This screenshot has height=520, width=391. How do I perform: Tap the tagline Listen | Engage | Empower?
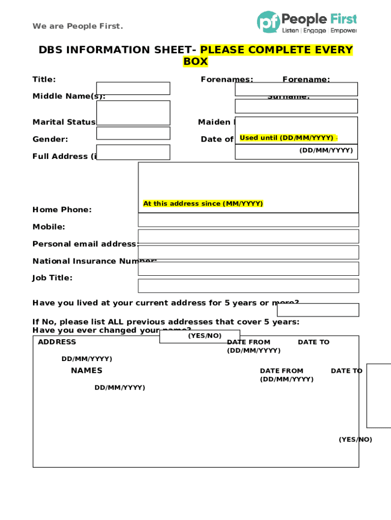pyautogui.click(x=319, y=30)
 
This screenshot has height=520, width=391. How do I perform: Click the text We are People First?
pyautogui.click(x=78, y=26)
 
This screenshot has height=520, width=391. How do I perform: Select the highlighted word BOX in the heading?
pyautogui.click(x=195, y=62)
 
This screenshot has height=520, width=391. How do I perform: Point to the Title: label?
pyautogui.click(x=44, y=79)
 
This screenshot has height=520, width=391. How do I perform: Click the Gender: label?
pyautogui.click(x=50, y=139)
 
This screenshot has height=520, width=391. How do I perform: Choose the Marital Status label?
pyautogui.click(x=64, y=122)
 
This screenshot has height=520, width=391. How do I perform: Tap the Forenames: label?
pyautogui.click(x=227, y=79)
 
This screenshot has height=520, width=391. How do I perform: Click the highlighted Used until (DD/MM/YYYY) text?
pyautogui.click(x=286, y=138)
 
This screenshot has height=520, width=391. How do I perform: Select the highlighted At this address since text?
pyautogui.click(x=203, y=204)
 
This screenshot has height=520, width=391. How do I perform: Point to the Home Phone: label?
pyautogui.click(x=62, y=210)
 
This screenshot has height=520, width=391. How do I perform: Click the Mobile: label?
pyautogui.click(x=49, y=227)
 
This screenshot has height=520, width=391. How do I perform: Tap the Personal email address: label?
pyautogui.click(x=85, y=244)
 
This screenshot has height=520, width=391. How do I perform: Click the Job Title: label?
pyautogui.click(x=52, y=278)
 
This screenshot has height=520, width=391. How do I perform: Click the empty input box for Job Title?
pyautogui.click(x=248, y=286)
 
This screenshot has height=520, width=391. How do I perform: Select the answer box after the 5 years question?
pyautogui.click(x=318, y=310)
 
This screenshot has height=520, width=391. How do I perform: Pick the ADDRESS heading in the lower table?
pyautogui.click(x=57, y=342)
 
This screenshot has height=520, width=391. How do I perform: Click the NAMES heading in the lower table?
pyautogui.click(x=86, y=371)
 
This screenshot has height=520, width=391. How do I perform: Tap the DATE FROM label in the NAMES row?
pyautogui.click(x=281, y=371)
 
